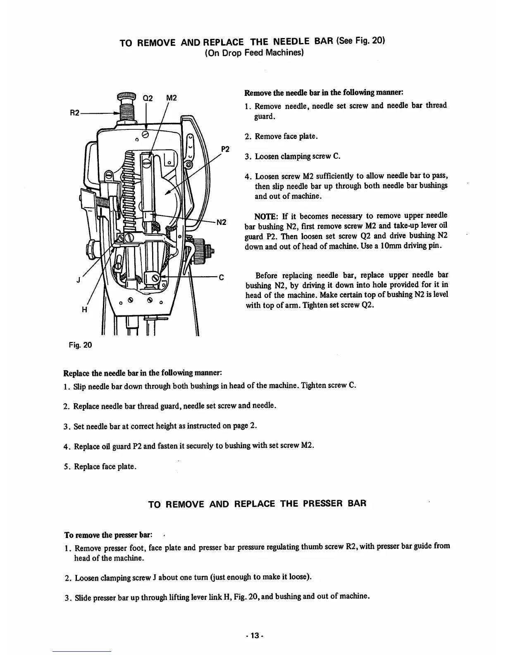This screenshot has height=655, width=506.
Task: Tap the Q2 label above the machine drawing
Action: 148,98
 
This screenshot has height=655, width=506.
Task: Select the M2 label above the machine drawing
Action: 172,98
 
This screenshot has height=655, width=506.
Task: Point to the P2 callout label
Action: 225,149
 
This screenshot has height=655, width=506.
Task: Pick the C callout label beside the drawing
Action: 221,278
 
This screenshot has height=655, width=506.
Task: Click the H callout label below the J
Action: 85,311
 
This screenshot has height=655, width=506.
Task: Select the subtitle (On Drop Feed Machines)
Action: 254,53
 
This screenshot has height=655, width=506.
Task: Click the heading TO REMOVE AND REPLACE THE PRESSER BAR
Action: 257,504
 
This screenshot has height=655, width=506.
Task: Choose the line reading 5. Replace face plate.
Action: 99,466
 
